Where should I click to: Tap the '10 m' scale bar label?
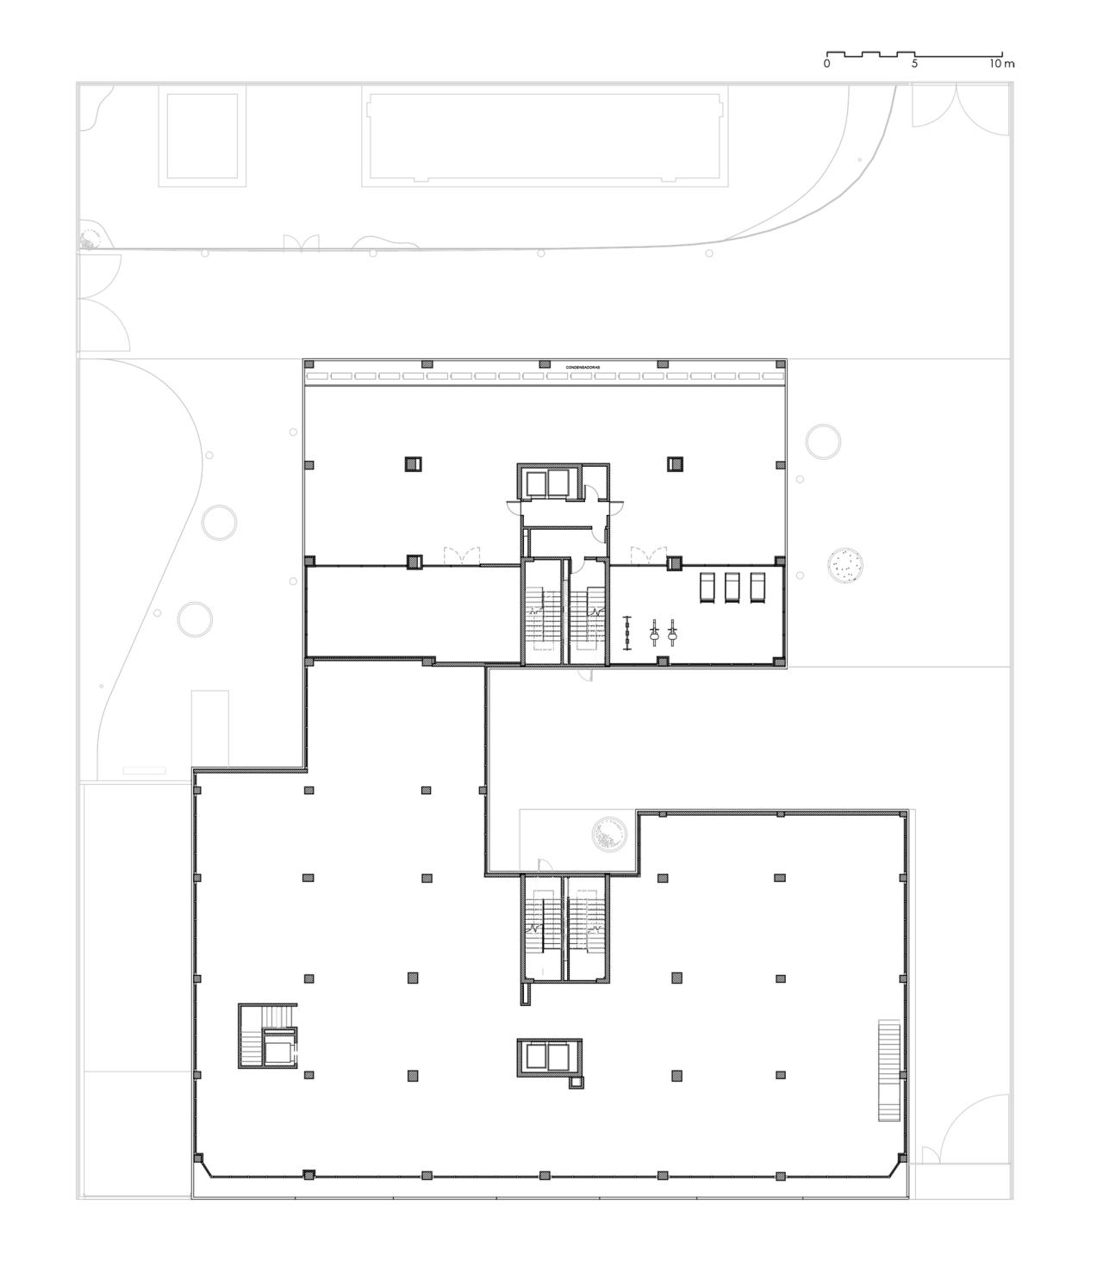pos(1001,64)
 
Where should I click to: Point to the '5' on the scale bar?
pos(914,64)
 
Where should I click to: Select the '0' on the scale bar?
pos(826,64)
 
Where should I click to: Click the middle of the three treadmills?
pos(732,587)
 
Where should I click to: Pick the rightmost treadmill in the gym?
pos(757,587)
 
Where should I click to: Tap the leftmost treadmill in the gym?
pos(706,587)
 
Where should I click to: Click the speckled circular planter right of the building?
pos(846,567)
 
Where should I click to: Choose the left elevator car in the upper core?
pos(535,483)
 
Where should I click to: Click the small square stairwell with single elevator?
pos(268,1035)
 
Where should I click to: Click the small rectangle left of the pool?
pos(203,136)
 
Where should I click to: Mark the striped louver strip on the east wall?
pos(888,1071)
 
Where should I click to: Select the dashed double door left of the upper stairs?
pos(460,556)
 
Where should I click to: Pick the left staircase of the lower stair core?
pos(543,927)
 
